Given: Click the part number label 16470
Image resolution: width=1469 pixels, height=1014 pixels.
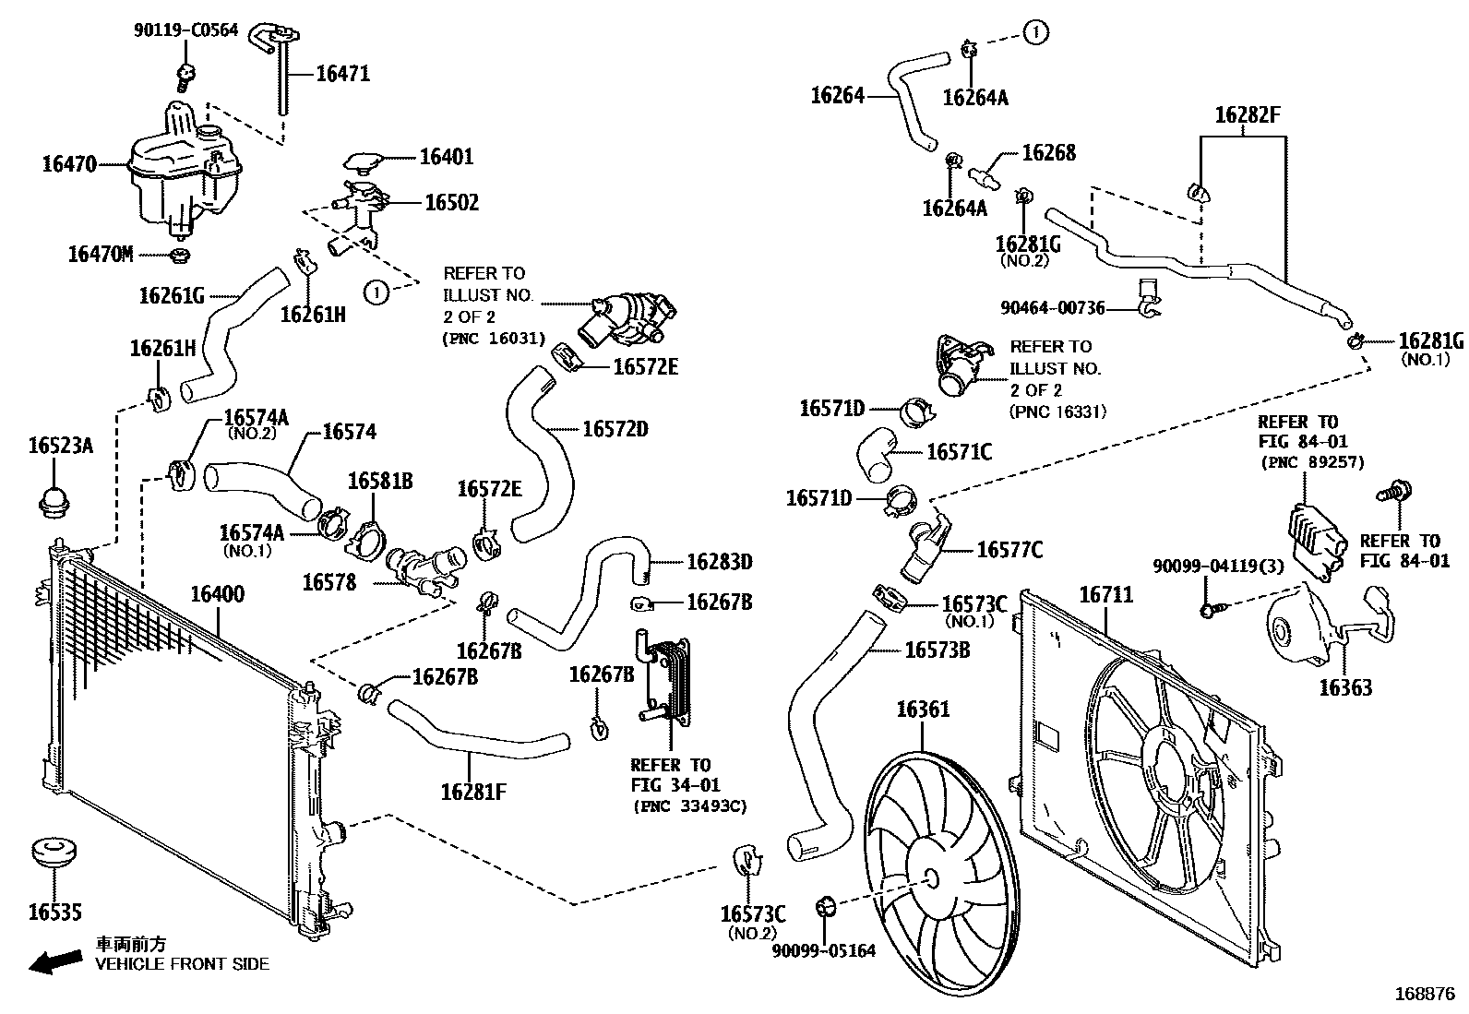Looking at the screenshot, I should [x=69, y=165].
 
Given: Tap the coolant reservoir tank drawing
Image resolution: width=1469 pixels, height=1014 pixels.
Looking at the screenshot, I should [x=180, y=175].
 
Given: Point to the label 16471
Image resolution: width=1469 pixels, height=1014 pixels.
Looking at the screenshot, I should [x=342, y=74].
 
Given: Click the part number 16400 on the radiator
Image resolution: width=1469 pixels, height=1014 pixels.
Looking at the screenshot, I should [x=218, y=594].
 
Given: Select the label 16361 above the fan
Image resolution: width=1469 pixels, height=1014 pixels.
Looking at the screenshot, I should [x=923, y=710].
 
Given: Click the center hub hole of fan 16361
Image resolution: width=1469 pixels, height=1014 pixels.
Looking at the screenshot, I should [x=929, y=879].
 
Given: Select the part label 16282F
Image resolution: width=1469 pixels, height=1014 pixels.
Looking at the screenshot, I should [x=1248, y=115].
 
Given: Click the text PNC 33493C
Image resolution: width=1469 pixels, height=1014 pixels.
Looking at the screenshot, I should [x=689, y=806].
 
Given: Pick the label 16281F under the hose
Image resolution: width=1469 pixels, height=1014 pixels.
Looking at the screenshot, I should [x=472, y=792].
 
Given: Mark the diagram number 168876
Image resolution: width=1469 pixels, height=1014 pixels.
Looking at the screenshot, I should [x=1424, y=995].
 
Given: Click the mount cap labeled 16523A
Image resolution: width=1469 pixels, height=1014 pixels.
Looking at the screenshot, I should [x=54, y=501].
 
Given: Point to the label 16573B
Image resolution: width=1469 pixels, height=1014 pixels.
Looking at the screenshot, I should [x=937, y=650].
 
